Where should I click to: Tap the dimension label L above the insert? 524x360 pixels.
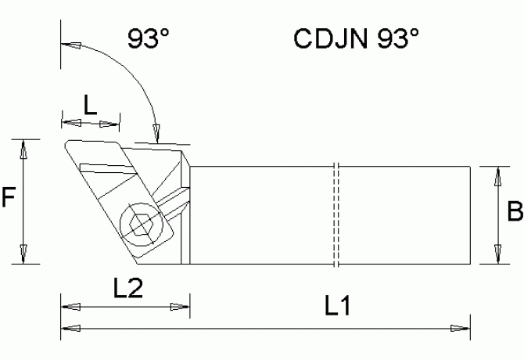tap(91, 106)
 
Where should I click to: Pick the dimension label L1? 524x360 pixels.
tap(336, 308)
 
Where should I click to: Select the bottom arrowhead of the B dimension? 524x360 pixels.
tap(494, 256)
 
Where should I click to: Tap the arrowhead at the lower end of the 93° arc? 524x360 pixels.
tap(157, 133)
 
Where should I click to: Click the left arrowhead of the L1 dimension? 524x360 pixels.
tap(69, 326)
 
